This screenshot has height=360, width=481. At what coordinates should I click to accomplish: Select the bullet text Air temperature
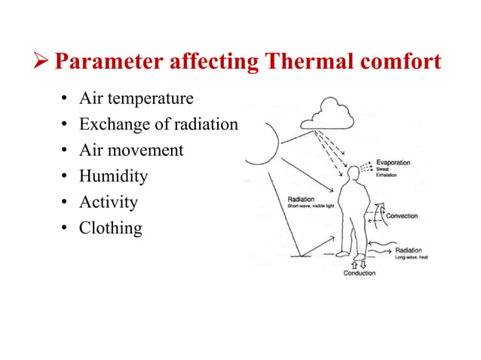click(136, 99)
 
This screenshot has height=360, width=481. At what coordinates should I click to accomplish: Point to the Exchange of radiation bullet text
click(158, 124)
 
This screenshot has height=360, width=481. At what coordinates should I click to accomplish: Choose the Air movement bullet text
click(131, 150)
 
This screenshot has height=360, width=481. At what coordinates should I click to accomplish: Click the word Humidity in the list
click(113, 176)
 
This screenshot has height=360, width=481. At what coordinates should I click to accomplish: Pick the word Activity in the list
click(109, 202)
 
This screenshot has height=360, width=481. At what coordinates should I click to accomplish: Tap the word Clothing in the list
click(111, 227)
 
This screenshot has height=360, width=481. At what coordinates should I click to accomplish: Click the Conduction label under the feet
click(359, 273)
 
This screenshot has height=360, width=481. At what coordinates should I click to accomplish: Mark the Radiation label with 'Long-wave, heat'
click(408, 250)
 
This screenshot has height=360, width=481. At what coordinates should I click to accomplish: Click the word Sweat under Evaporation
click(384, 169)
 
